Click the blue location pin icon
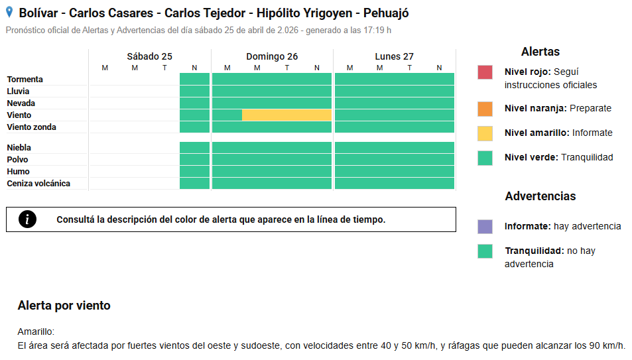click(x=9, y=12)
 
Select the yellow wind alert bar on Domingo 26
click(x=286, y=115)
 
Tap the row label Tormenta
click(x=25, y=80)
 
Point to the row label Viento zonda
click(x=31, y=127)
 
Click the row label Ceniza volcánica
click(x=38, y=184)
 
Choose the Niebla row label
click(x=19, y=148)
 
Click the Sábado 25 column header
click(x=149, y=56)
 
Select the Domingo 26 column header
click(x=272, y=56)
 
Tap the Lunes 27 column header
click(x=394, y=56)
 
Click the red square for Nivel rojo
click(x=485, y=72)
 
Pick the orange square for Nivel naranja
click(x=485, y=108)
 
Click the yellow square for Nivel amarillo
click(x=485, y=133)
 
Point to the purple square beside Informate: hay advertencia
click(x=485, y=227)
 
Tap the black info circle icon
click(x=27, y=219)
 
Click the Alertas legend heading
click(x=540, y=52)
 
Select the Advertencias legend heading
click(x=540, y=196)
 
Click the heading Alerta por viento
click(x=64, y=306)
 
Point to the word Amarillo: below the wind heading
click(x=36, y=331)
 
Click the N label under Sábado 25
click(x=194, y=68)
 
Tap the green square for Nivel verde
click(x=485, y=158)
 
